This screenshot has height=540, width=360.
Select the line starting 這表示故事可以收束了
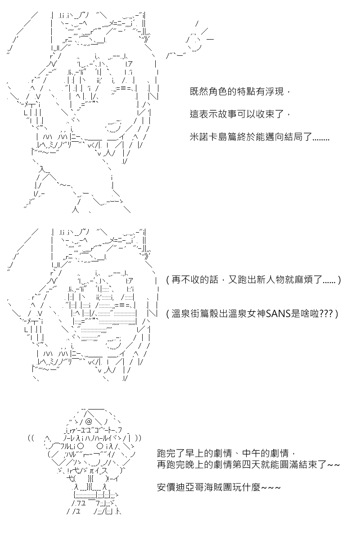pyautogui.click(x=240, y=114)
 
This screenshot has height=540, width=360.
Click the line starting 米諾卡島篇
pyautogui.click(x=260, y=137)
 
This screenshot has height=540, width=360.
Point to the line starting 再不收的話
pyautogui.click(x=253, y=279)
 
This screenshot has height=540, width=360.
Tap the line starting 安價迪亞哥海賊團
pyautogui.click(x=219, y=487)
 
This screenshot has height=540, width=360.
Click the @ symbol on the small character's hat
pyautogui.click(x=89, y=422)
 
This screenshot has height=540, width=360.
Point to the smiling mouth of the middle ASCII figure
pyautogui.click(x=113, y=344)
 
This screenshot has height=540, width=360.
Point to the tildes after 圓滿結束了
pyautogui.click(x=333, y=464)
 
